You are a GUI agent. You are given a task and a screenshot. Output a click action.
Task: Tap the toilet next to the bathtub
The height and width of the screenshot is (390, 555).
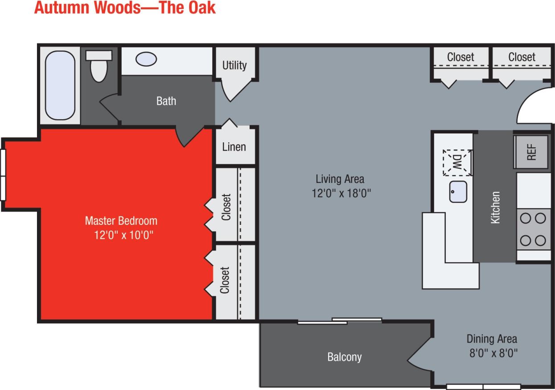pos(99,66)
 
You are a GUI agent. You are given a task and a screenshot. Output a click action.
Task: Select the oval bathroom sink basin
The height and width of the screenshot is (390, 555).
pos(146,59)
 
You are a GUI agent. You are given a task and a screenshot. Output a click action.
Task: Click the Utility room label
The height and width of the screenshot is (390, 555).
pos(234,65)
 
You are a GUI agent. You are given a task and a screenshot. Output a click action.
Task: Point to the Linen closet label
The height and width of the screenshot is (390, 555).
pos(234,146)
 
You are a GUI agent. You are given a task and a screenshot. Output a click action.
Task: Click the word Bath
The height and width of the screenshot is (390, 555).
pos(166,101)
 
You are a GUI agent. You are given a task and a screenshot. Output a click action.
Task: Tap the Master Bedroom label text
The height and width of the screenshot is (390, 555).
pos(121,220)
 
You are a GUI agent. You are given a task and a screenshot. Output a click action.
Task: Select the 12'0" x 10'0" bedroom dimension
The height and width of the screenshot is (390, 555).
pos(123,235)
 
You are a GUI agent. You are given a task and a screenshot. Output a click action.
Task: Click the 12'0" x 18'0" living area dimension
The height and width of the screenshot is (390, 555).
pos(342,193)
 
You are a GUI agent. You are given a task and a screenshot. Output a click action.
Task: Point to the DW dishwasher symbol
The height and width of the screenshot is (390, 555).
pos(458,162)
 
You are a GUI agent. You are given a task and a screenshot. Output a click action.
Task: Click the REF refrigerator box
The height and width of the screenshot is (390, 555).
pos(532,152)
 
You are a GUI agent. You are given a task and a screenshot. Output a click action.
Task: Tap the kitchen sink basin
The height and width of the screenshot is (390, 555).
pos(458,192)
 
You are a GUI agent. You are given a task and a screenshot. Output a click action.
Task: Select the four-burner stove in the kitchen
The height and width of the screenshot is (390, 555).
pos(533,229)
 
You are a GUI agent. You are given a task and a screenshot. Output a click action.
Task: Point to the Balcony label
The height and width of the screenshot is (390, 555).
pos(344,357)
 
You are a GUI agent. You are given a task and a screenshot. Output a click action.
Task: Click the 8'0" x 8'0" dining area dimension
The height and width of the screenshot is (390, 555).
pos(492,353)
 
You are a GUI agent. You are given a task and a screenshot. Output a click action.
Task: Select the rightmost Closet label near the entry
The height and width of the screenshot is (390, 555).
pos(522,57)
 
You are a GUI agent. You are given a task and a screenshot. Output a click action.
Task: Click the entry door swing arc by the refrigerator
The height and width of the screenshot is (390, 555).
pos(533,105)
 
